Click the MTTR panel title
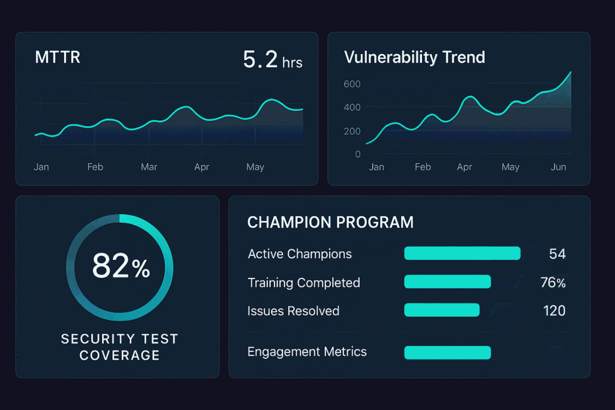point(58,58)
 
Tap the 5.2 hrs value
point(272,59)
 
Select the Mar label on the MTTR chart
point(149,167)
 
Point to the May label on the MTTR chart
point(255,167)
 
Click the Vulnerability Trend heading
point(414,58)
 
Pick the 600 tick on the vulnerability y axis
point(352,84)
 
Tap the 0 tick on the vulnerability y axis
point(358,154)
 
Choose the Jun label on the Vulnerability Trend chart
point(559,167)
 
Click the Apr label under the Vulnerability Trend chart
point(464,167)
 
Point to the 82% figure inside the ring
point(121,267)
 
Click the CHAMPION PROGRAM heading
point(330,223)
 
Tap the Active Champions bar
point(462,253)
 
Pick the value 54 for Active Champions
point(557,254)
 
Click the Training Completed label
point(304,283)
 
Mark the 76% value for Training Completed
point(553,282)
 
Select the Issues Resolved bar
point(441,310)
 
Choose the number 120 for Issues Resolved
point(554,311)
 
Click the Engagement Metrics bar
point(447,352)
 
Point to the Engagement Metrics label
point(307,352)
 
